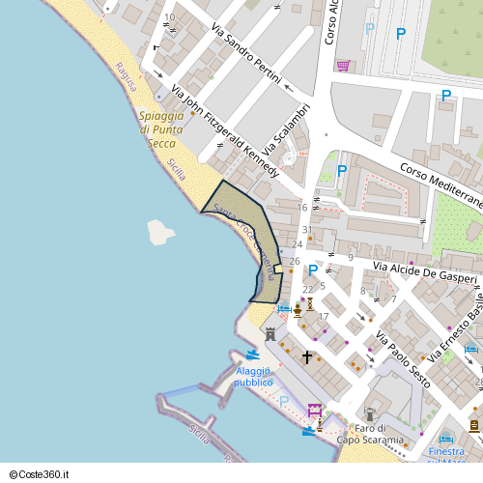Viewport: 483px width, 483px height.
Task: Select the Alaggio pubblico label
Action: [x=253, y=377]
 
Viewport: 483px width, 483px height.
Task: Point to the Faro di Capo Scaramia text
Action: [x=370, y=435]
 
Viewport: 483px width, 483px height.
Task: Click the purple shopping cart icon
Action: [x=343, y=66]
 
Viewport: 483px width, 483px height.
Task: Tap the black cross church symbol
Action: [x=307, y=357]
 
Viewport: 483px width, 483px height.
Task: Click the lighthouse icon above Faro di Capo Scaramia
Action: [x=370, y=413]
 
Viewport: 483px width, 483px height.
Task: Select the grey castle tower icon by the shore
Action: [x=270, y=333]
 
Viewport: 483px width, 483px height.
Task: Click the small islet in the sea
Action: [x=160, y=232]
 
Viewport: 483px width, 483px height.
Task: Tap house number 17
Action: [x=324, y=317]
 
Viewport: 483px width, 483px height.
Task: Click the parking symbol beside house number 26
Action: [x=312, y=270]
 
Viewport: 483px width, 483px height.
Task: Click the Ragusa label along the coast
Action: [x=126, y=76]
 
